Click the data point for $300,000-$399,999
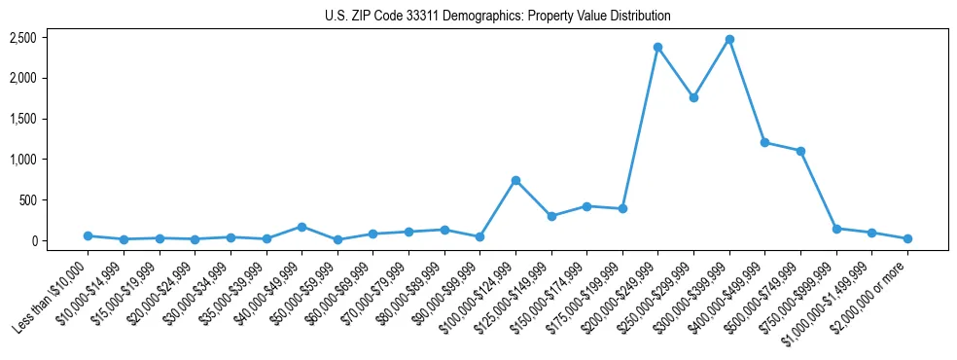point(729,39)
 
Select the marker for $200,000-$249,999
point(658,47)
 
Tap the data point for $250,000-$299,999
point(693,97)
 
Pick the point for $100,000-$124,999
point(515,180)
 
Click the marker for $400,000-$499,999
point(764,142)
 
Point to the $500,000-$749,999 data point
point(800,151)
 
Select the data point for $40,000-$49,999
point(301,227)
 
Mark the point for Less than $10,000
point(88,235)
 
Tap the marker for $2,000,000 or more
point(907,238)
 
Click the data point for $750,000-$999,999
point(836,229)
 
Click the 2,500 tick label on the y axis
point(23,38)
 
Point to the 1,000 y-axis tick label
point(23,160)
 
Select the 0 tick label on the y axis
point(33,241)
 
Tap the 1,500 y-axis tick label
point(23,119)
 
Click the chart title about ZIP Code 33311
point(497,17)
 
